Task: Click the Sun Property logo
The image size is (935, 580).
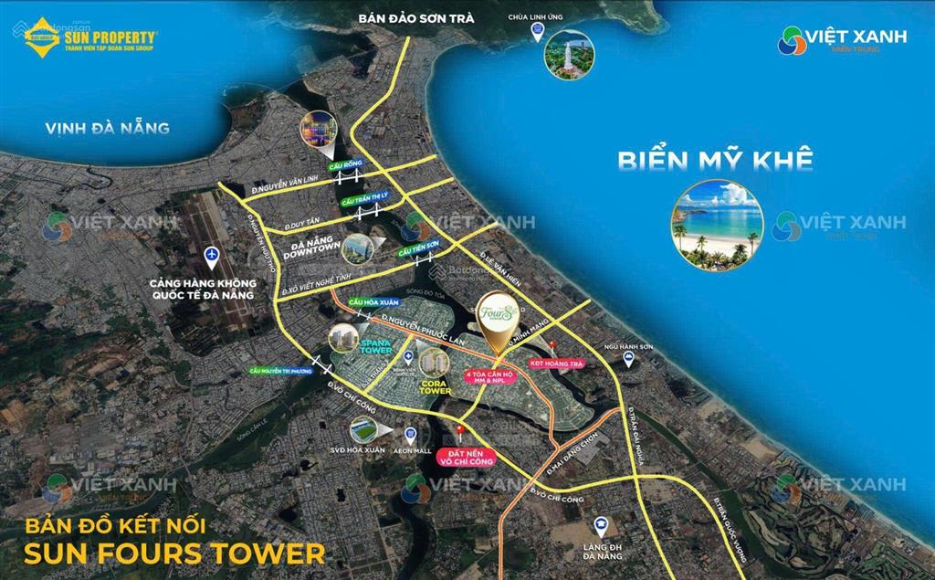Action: point(91,37)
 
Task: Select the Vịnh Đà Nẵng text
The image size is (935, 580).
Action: point(108,128)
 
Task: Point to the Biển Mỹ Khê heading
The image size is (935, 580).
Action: point(715,160)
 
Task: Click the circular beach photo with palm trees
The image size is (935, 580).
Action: point(717,225)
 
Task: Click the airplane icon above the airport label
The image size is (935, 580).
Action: point(213,254)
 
